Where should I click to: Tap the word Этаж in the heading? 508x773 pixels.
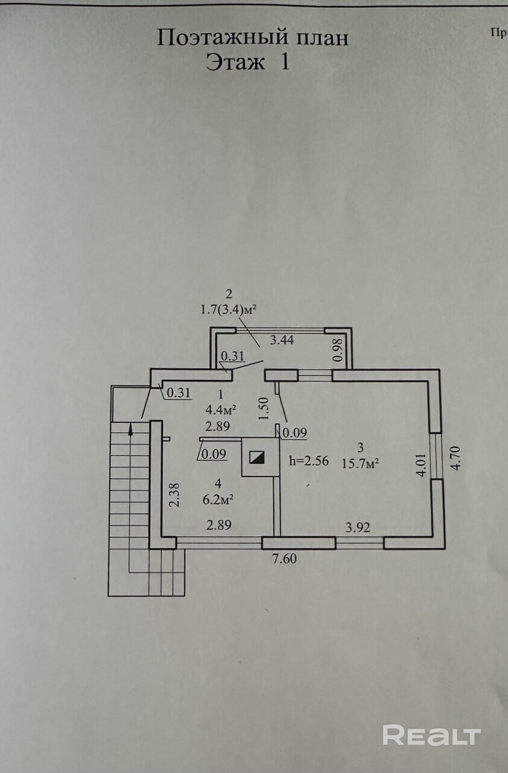(235, 63)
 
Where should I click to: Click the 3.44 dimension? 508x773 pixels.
(282, 340)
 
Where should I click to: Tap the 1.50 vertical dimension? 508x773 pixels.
(263, 409)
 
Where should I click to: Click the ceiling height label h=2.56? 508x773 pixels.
(309, 461)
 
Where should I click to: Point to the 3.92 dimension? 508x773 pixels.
(358, 527)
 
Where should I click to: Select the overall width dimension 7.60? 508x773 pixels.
(284, 559)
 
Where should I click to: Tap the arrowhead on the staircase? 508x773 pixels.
(130, 430)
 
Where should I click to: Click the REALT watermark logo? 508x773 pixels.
(431, 736)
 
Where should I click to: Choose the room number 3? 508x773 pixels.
(360, 448)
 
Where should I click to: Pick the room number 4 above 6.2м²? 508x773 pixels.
(218, 483)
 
